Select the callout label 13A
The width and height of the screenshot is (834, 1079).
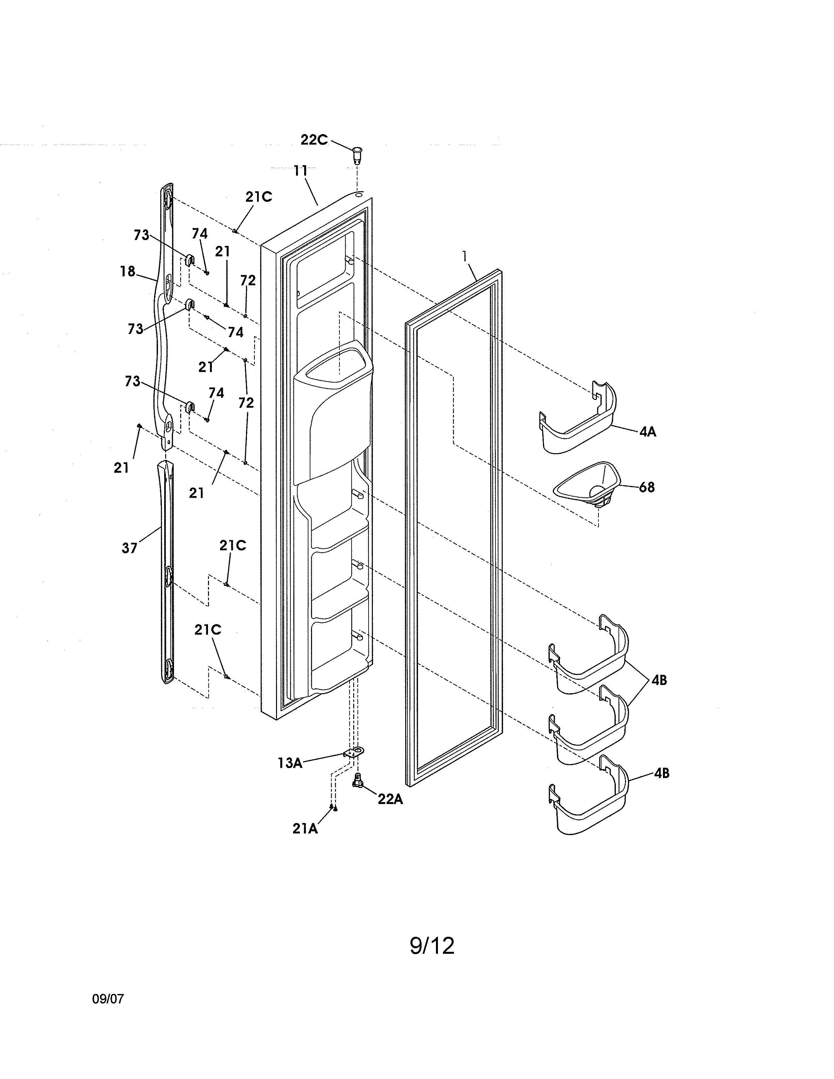pos(289,763)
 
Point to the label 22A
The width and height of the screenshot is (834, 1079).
pos(390,799)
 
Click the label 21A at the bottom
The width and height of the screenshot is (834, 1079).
pos(305,829)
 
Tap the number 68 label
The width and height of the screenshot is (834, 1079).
pos(646,488)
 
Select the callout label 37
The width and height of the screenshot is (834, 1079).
pos(130,548)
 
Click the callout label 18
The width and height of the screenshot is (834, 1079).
pos(128,271)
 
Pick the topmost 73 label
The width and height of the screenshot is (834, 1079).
pos(141,235)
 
